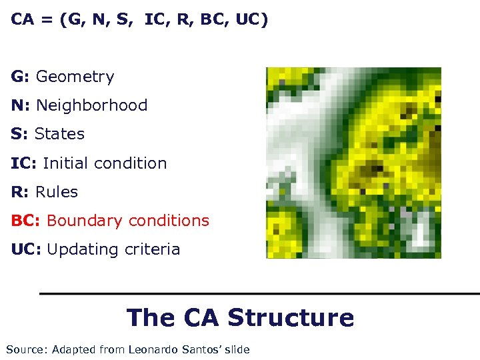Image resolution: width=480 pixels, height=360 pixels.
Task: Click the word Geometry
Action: (75, 77)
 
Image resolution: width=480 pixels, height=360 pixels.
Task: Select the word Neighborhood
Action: (91, 106)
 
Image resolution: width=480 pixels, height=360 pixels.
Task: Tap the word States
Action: (59, 135)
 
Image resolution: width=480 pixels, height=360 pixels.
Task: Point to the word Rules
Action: (57, 192)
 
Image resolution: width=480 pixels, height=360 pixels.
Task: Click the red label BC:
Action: (26, 221)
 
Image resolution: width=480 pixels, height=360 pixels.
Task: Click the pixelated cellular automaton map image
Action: (353, 163)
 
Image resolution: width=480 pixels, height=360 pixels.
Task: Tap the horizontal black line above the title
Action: (260, 293)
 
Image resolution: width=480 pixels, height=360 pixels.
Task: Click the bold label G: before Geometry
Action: (20, 77)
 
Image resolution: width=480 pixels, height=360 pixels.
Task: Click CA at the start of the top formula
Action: (23, 20)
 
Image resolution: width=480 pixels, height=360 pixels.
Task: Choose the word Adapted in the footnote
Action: (73, 350)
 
